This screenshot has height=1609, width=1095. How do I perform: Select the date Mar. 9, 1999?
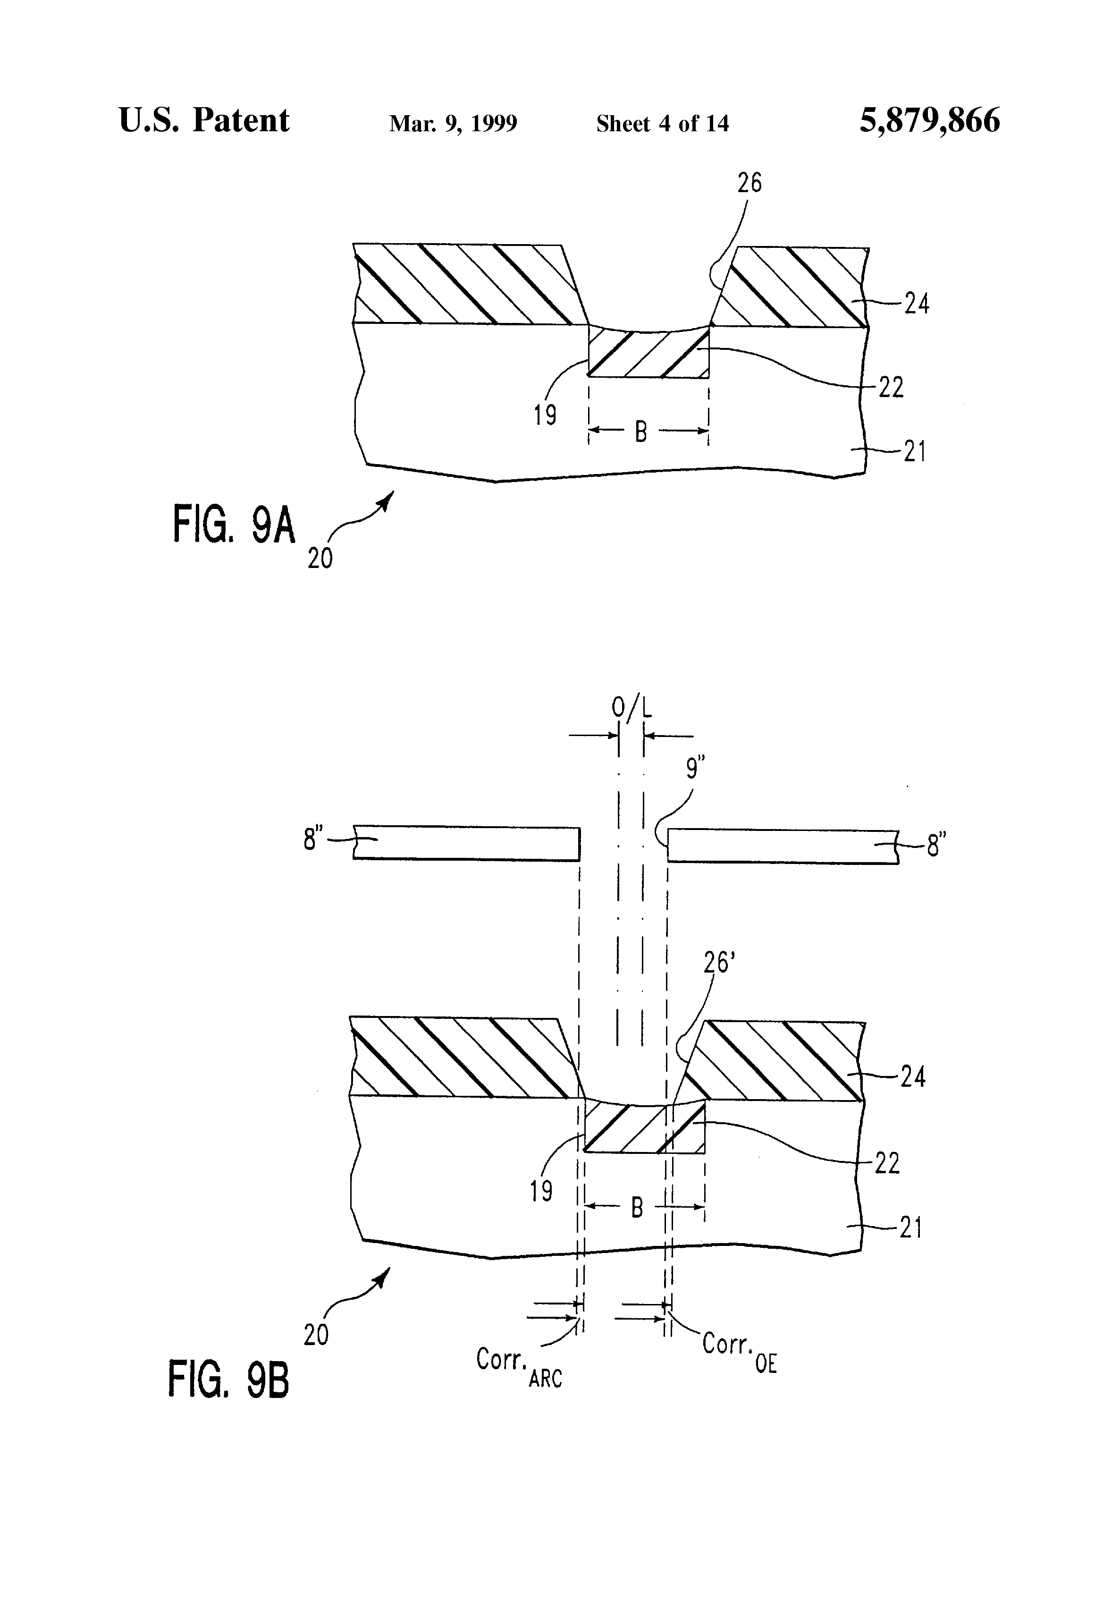click(x=454, y=123)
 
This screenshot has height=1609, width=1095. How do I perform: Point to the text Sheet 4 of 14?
click(x=662, y=123)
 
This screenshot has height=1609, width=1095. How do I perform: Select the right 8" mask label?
click(x=936, y=845)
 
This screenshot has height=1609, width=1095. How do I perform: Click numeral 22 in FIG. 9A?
click(x=891, y=388)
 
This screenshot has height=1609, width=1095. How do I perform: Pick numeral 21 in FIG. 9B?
click(x=911, y=1228)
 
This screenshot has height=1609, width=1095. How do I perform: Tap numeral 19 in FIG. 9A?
click(x=545, y=415)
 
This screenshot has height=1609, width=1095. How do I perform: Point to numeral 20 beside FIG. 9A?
click(x=320, y=558)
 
